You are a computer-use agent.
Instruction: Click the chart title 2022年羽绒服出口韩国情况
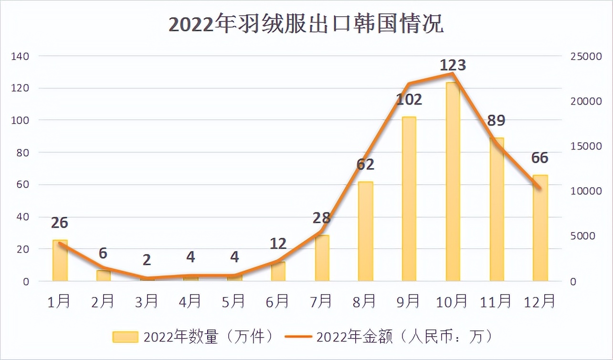point(306,24)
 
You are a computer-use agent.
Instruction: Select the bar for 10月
point(453,182)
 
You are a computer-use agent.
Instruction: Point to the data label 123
point(453,65)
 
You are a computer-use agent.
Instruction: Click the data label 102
point(409,99)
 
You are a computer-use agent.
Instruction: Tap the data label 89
point(496,120)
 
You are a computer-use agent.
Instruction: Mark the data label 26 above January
point(60,223)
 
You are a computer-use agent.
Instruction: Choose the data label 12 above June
point(278,244)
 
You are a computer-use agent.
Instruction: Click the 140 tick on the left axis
point(20,56)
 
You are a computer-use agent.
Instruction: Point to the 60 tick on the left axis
point(23,185)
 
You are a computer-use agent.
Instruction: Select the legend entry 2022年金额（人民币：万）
point(389,337)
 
